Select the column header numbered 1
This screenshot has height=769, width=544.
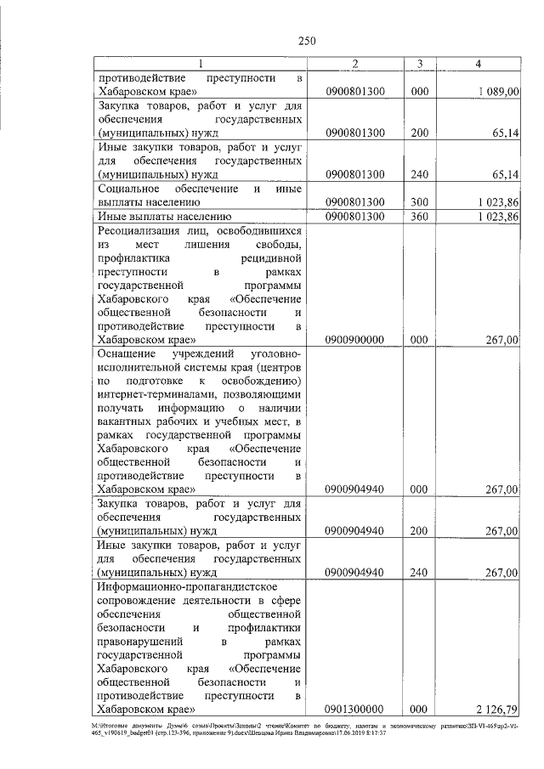pos(201,64)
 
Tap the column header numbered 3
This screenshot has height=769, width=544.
pos(418,64)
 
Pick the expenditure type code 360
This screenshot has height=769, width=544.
pos(418,218)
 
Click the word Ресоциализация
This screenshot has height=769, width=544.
pos(145,230)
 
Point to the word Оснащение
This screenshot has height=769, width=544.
pos(127,353)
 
